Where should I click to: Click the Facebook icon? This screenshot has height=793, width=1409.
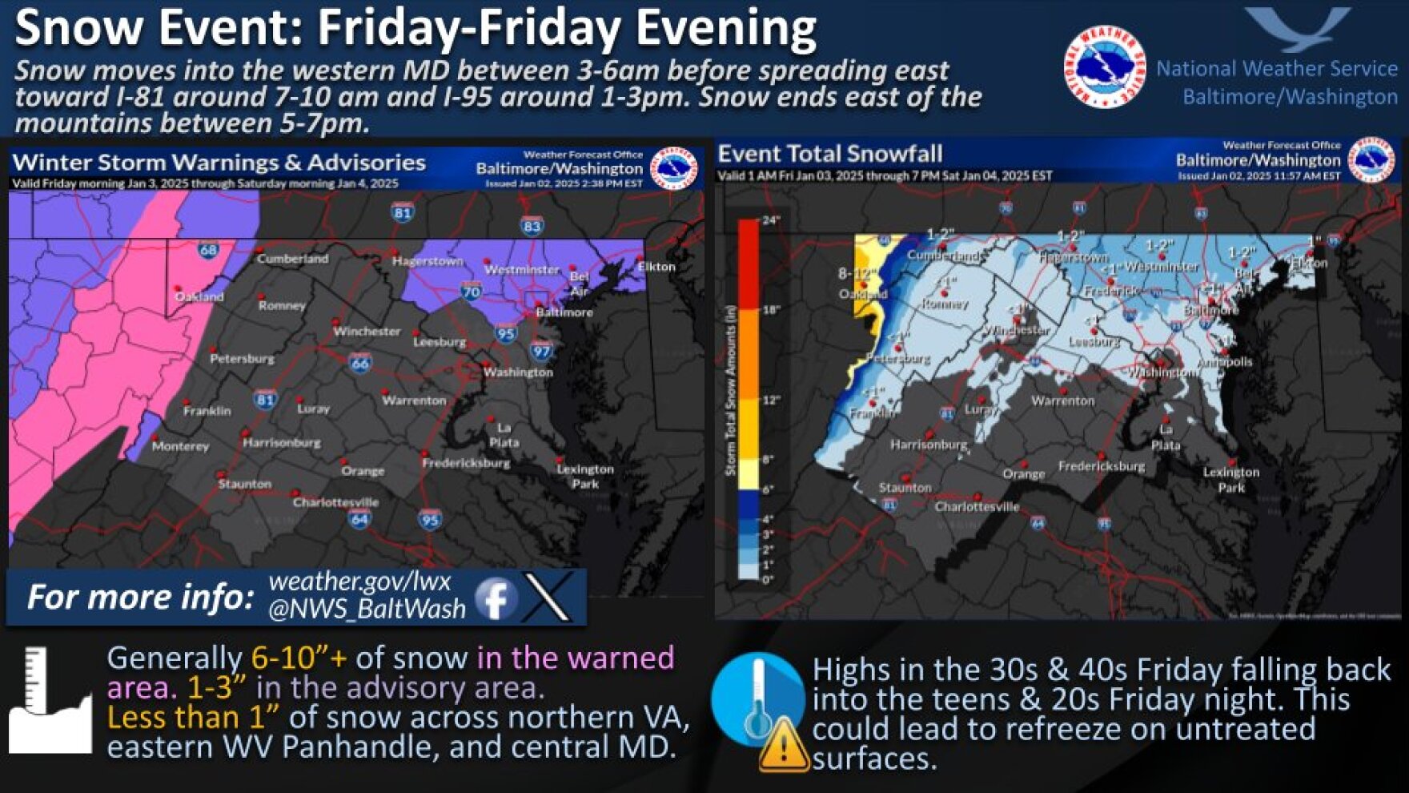tap(496, 598)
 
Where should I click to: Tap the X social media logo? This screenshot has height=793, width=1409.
tap(548, 597)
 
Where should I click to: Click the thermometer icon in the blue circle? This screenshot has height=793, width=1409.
tap(755, 697)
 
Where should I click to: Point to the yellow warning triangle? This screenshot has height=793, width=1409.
tap(783, 746)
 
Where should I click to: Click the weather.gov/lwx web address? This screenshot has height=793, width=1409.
tap(359, 581)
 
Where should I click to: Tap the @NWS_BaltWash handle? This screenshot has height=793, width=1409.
tap(367, 610)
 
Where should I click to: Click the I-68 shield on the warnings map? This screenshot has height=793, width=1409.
tap(208, 250)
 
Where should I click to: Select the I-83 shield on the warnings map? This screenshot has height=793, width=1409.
tap(532, 226)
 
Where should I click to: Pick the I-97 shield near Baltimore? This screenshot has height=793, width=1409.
tap(542, 350)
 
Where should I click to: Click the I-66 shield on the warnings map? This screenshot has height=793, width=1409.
tap(359, 363)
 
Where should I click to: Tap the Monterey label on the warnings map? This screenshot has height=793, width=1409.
tap(180, 446)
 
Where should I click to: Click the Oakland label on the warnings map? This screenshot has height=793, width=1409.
tap(199, 296)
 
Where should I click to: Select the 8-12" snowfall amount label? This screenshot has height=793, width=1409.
tap(855, 274)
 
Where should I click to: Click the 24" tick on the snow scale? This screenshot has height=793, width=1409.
tap(770, 220)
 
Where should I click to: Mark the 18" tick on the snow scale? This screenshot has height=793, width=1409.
tap(770, 310)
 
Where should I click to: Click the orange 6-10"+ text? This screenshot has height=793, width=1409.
tap(299, 658)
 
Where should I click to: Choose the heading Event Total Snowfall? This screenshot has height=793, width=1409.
tap(829, 154)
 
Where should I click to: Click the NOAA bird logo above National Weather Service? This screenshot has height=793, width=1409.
tap(1297, 29)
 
